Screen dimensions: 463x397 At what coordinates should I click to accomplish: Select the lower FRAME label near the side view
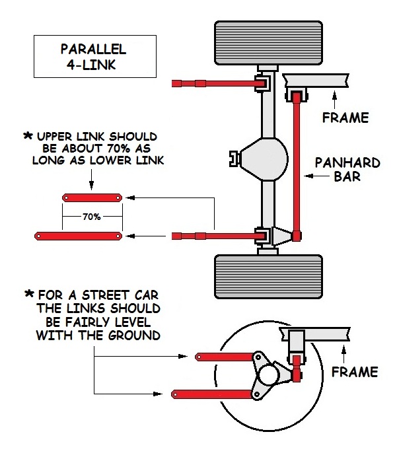(354, 372)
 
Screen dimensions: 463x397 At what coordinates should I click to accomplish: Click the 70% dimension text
(92, 216)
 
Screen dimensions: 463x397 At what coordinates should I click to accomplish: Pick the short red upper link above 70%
(92, 197)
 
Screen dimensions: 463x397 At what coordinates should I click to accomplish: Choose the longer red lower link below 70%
(79, 236)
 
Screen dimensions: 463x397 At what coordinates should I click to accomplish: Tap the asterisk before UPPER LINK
(28, 135)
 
